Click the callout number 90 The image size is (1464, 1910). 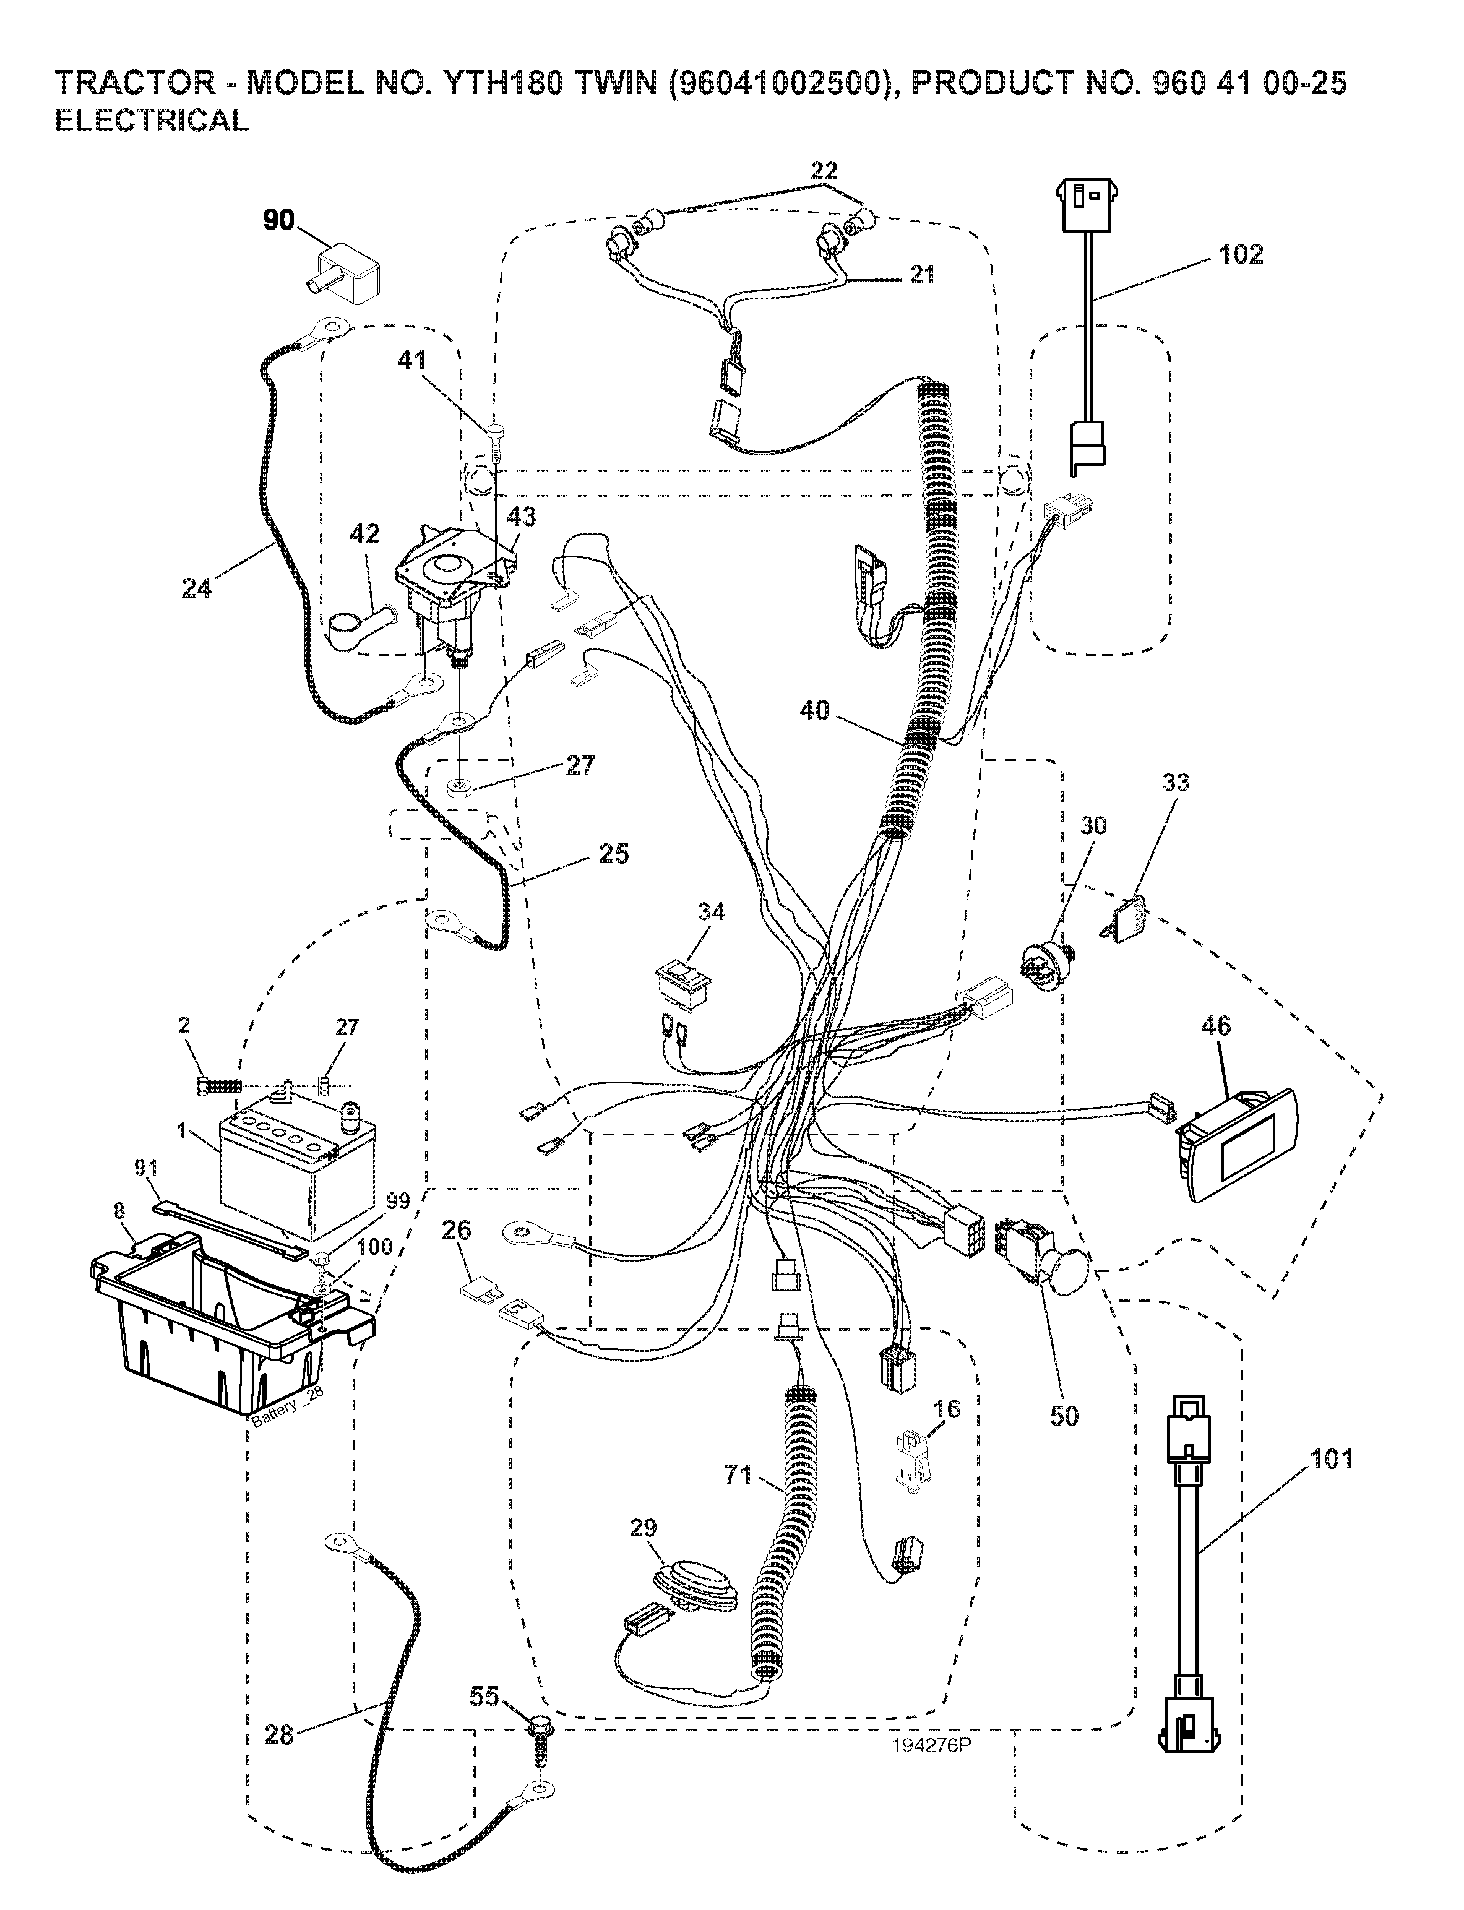[279, 222]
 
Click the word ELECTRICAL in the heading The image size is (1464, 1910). [152, 121]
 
